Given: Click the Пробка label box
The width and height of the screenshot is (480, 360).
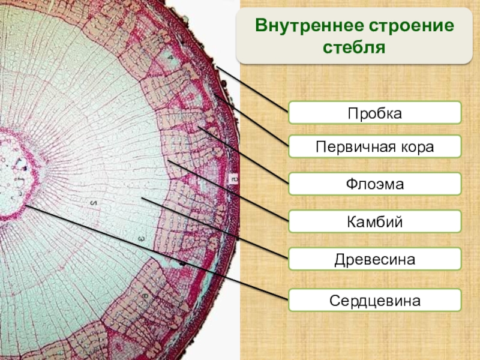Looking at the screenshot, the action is (x=374, y=113).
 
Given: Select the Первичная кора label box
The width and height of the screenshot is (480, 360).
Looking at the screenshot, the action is (x=374, y=146).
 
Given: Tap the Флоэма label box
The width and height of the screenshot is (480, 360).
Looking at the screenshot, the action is (x=374, y=184).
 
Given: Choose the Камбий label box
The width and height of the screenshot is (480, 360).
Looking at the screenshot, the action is (x=374, y=221).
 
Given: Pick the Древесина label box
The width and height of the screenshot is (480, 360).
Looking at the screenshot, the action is (x=374, y=259).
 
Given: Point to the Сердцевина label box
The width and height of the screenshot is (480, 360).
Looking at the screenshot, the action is (x=374, y=300).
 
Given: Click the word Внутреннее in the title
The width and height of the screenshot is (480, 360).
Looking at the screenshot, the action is (x=310, y=25).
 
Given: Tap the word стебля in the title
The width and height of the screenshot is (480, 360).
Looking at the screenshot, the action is (x=354, y=48).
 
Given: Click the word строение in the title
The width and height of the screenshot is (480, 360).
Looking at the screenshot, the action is (x=412, y=26).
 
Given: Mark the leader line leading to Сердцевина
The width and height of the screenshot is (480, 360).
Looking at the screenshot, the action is (x=157, y=252).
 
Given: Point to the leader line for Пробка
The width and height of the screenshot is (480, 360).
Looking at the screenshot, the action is (x=253, y=89).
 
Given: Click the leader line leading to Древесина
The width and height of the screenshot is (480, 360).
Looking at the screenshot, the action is (x=215, y=228).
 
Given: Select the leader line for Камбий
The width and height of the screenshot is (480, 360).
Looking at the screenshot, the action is (x=228, y=190).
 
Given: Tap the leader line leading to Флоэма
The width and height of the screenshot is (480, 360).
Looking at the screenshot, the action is (x=244, y=155).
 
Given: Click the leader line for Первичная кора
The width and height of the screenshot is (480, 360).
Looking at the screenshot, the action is (x=251, y=121).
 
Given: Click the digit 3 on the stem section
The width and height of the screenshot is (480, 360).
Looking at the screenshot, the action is (x=141, y=238).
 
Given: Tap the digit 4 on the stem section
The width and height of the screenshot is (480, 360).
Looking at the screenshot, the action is (x=170, y=57).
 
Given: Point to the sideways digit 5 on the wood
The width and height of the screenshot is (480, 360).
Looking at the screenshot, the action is (x=94, y=203).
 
